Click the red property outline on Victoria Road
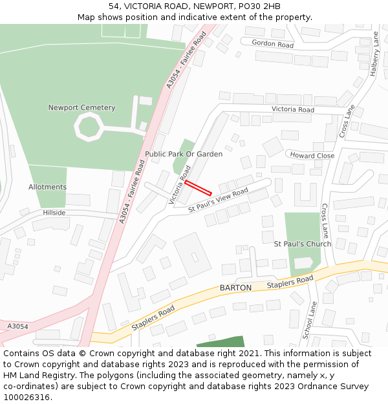click(x=198, y=188)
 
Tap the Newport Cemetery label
click(x=81, y=108)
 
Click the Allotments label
click(x=47, y=187)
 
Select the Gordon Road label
click(x=272, y=45)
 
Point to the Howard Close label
click(x=312, y=156)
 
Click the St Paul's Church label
click(x=302, y=244)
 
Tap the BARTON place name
click(x=235, y=287)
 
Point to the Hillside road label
click(x=54, y=213)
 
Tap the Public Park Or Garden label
click(x=184, y=154)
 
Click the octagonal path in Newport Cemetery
click(x=88, y=126)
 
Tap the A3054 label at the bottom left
click(x=17, y=326)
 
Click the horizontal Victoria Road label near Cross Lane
click(x=292, y=110)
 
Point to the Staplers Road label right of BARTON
click(x=290, y=282)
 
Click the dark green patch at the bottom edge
click(x=221, y=342)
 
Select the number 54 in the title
click(x=114, y=6)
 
